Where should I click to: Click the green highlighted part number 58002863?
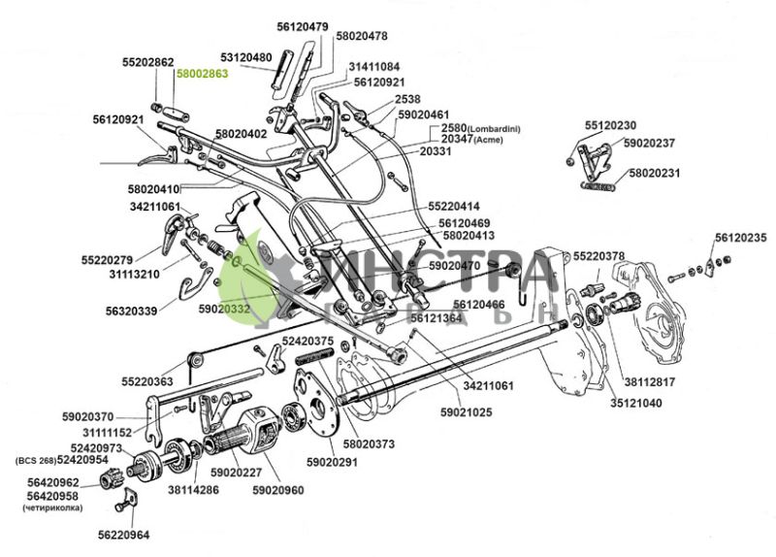(201, 74)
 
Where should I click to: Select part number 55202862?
(147, 61)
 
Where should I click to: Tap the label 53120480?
(245, 57)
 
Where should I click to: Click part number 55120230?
(610, 126)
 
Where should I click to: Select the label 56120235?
(740, 238)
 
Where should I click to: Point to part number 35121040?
(636, 402)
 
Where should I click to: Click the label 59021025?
(466, 412)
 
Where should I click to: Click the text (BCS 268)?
(34, 459)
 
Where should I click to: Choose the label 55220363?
(147, 382)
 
